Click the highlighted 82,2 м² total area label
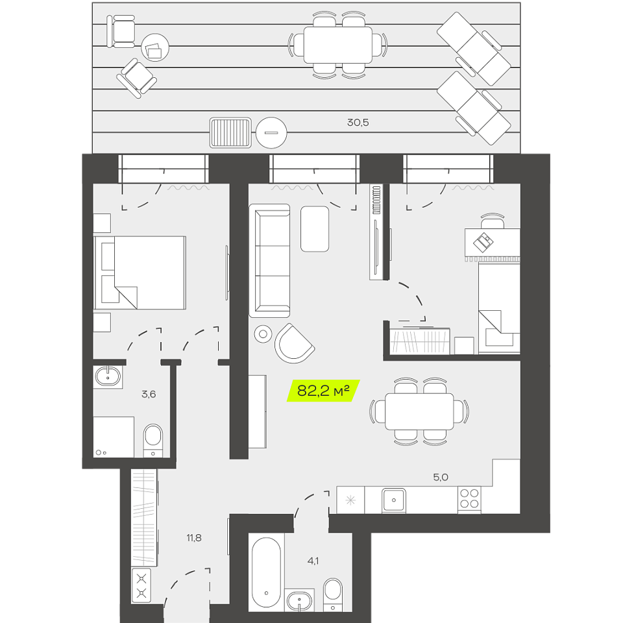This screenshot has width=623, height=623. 323,391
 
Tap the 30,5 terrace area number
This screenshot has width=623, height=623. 358,123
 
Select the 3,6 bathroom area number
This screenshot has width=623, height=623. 149,394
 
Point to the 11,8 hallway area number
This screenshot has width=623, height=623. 194,538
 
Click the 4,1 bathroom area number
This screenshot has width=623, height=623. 313,561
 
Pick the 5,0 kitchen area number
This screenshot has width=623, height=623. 441,477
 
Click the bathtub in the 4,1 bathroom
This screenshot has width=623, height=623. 266,572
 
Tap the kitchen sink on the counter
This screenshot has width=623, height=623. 394,500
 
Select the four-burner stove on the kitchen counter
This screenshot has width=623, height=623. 469,499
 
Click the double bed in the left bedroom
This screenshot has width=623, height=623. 140,273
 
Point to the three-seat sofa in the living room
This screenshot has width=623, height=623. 270,261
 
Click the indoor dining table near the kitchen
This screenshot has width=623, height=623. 420,411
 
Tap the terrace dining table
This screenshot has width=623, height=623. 338,45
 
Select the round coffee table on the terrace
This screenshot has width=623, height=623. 155,47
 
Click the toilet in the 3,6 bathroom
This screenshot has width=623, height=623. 153,441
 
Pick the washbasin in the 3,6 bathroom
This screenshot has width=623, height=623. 108,377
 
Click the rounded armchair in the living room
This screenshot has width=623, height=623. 294,344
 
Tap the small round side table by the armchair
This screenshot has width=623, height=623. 263,334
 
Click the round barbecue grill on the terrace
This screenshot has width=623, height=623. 271,132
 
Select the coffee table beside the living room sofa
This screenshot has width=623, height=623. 315,229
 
